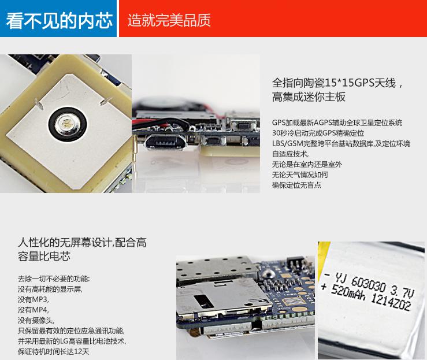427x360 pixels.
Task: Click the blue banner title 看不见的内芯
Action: point(59,20)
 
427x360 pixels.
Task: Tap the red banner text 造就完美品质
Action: point(169,20)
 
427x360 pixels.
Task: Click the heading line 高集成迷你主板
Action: point(309,97)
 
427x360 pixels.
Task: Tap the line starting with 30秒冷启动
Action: point(318,133)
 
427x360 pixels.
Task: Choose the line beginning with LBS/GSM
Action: point(341,143)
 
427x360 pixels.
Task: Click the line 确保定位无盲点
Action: point(296,185)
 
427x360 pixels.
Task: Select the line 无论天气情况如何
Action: point(300,175)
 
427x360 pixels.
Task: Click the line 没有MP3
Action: point(34,299)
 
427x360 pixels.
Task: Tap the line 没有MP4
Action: point(34,310)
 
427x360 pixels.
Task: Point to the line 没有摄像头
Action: point(36,320)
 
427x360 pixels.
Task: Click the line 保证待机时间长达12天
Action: point(54,351)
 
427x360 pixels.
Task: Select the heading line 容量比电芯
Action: point(44,256)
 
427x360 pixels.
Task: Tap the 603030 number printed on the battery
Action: point(369,284)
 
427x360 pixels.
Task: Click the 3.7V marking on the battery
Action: point(402,291)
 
